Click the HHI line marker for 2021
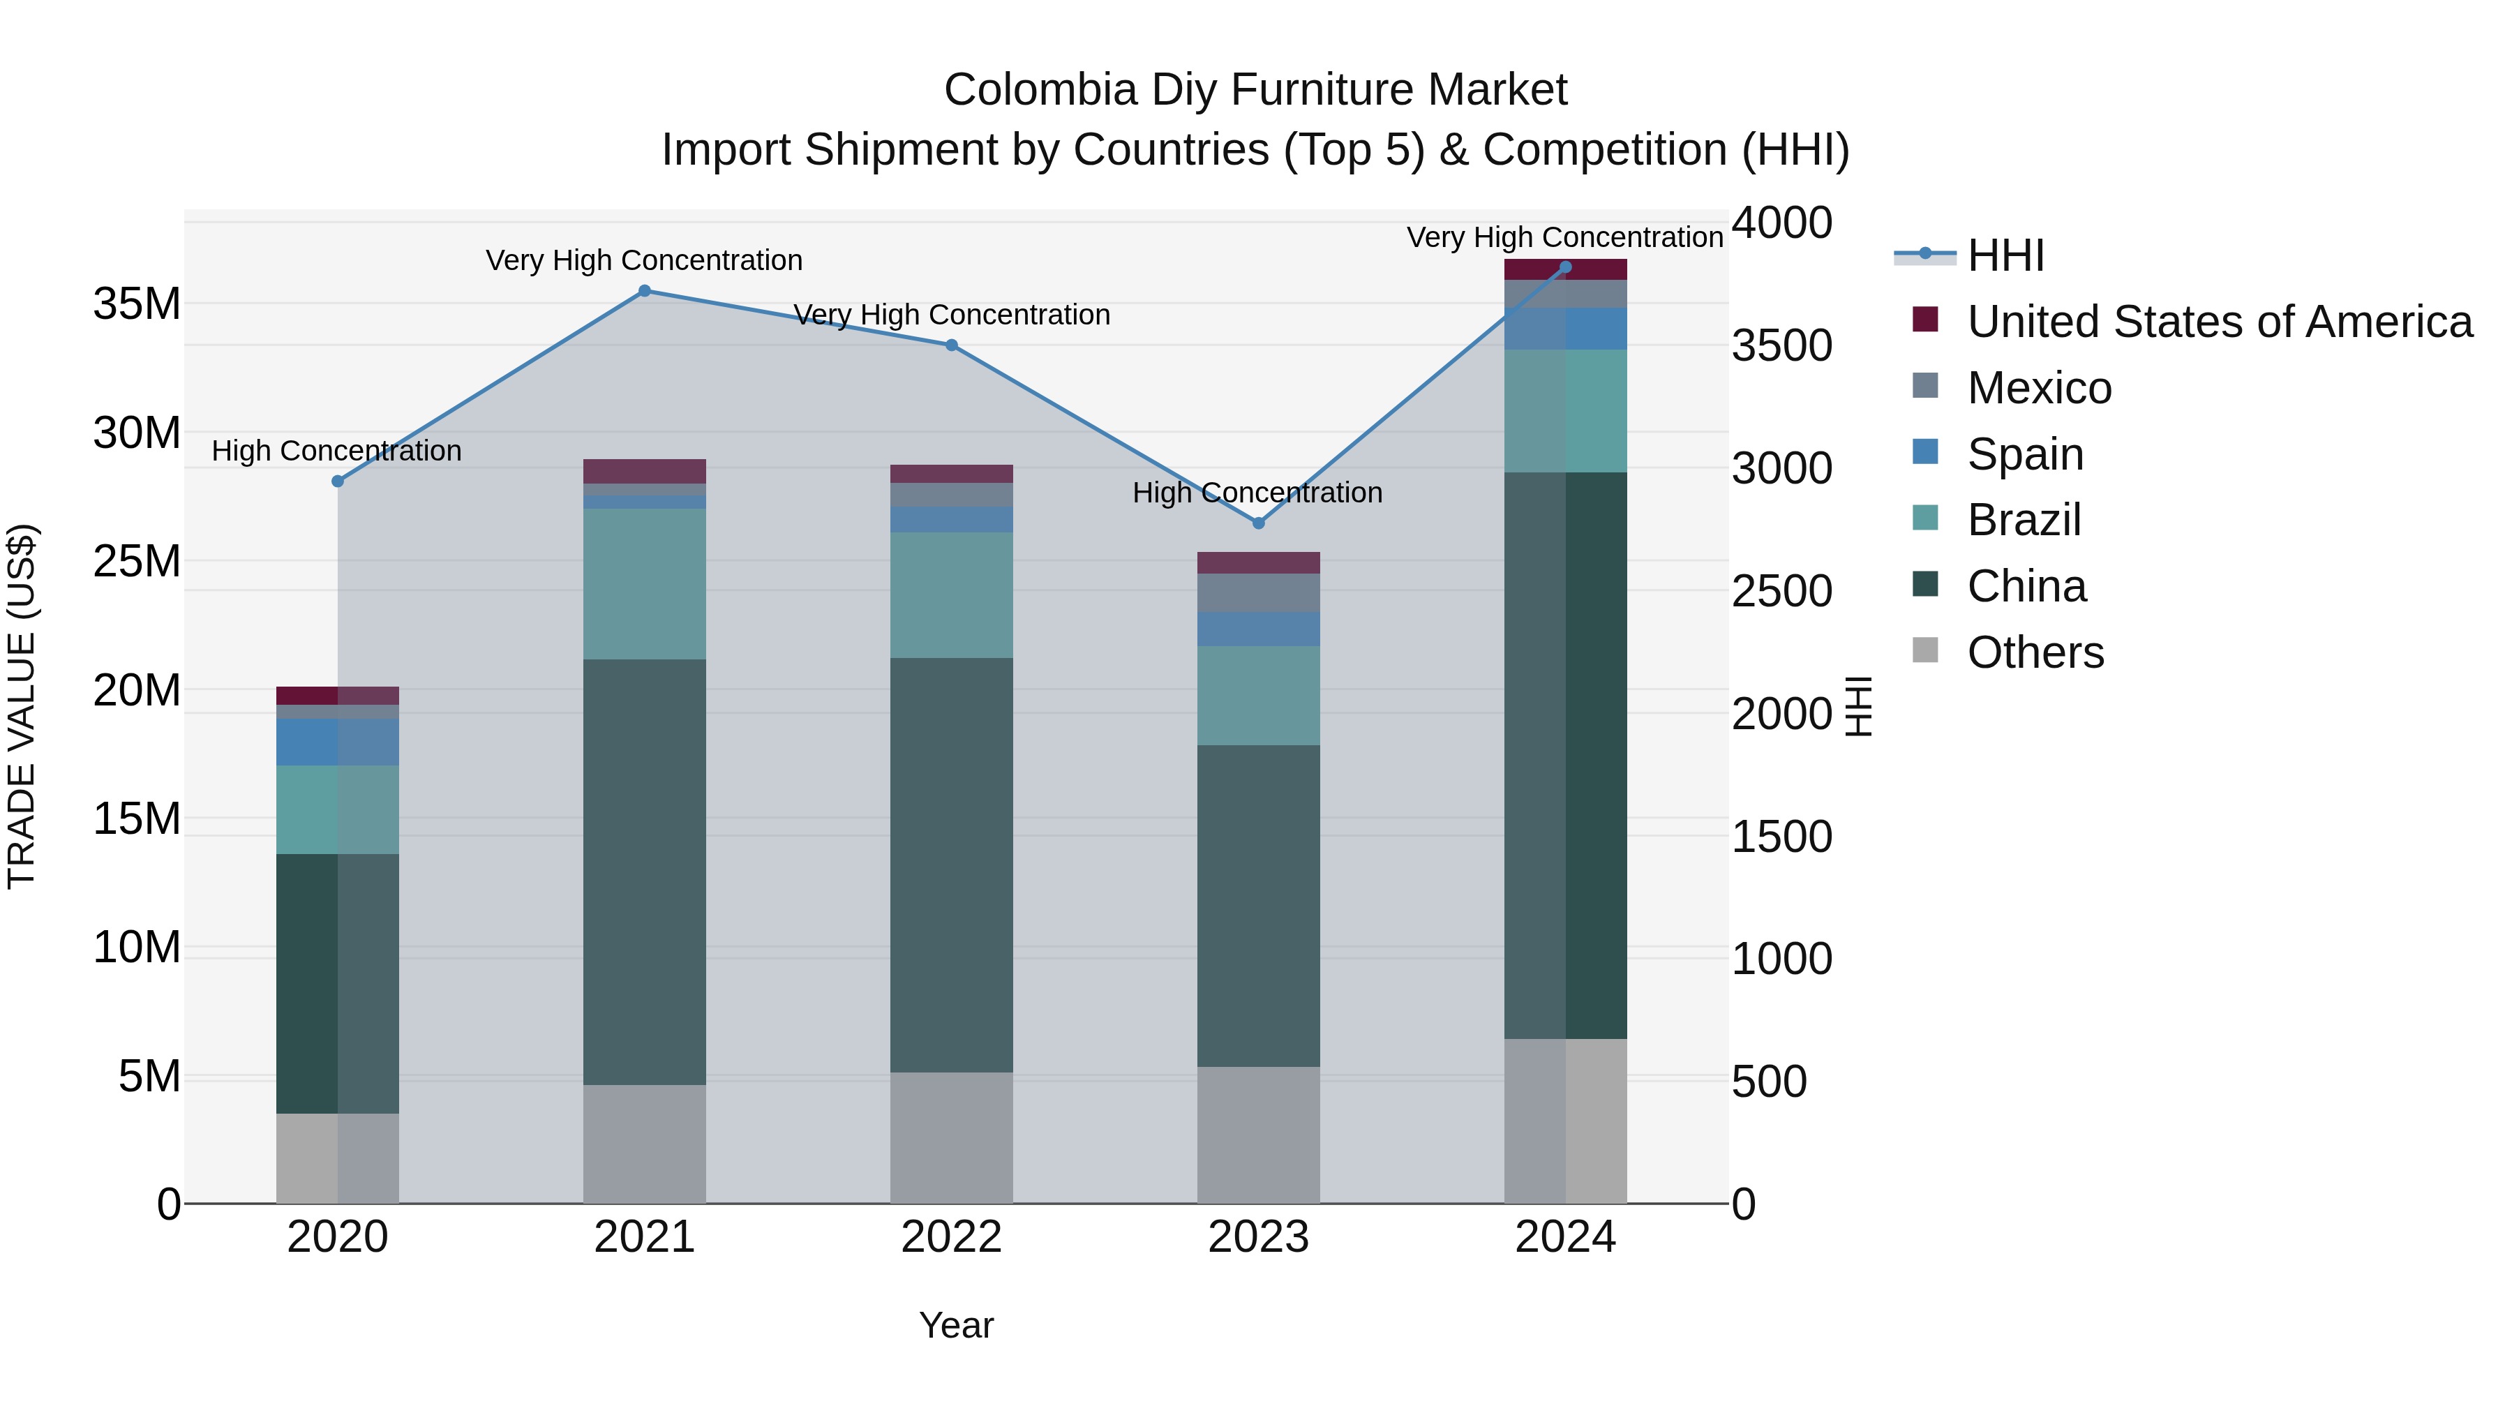pos(645,290)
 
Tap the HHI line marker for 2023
pos(1258,523)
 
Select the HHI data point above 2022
pos(952,345)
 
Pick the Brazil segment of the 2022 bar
pos(952,595)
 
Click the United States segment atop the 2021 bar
pos(645,471)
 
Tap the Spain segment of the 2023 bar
pos(1258,629)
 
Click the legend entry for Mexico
pos(2039,388)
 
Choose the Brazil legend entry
pos(2024,520)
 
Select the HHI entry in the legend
pos(2005,255)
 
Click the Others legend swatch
pos(1925,650)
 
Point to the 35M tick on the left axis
pos(137,304)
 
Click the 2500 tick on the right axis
pos(1781,591)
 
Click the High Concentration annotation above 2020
pos(336,451)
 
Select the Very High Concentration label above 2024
pos(1564,237)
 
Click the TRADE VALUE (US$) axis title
pos(22,706)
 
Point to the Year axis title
pos(956,1325)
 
